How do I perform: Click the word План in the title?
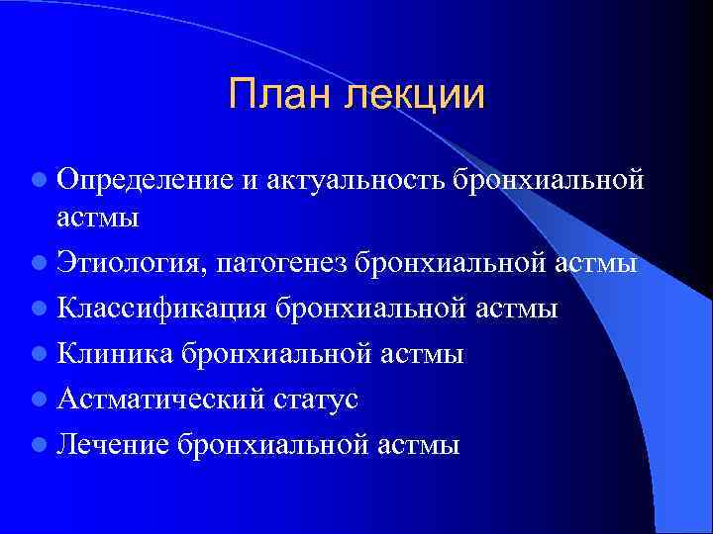coord(281,95)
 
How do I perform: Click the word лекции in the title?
coord(415,95)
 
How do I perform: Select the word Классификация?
coord(159,310)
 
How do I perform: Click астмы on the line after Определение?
coord(97,217)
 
